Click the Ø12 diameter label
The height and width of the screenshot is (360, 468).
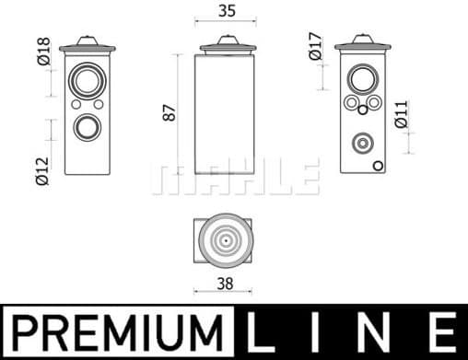[x=41, y=171]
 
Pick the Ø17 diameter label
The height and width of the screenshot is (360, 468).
[x=315, y=47]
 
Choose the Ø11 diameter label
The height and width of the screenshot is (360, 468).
[x=401, y=114]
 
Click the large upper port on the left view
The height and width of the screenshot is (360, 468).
[x=88, y=80]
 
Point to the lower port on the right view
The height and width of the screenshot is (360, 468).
[x=363, y=143]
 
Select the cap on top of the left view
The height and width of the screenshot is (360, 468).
[x=88, y=43]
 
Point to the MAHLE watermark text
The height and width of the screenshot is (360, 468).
[x=236, y=177]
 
